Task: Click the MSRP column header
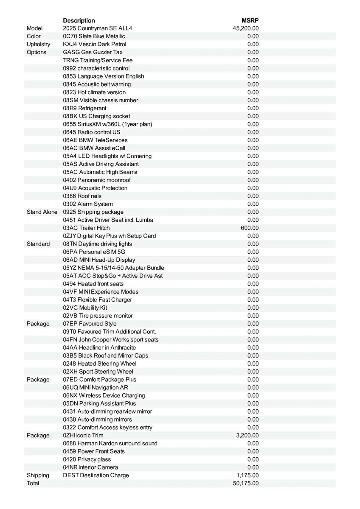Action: [x=250, y=20]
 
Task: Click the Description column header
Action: [x=79, y=20]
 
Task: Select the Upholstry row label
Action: [x=38, y=44]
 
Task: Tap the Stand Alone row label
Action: [x=42, y=212]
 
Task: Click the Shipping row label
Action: [x=38, y=475]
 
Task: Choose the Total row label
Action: [x=33, y=483]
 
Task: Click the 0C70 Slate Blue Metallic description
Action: [x=94, y=36]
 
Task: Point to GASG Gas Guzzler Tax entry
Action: [x=93, y=52]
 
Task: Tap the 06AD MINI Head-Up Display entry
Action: [x=99, y=260]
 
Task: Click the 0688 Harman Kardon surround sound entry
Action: [x=110, y=443]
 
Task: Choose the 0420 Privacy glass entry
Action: [x=87, y=459]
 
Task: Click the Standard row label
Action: [x=38, y=244]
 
